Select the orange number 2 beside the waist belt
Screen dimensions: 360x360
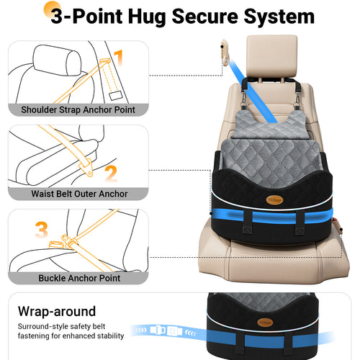[x=110, y=174]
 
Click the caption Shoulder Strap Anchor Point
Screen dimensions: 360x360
[x=78, y=109]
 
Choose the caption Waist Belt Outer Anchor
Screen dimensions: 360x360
[x=79, y=194]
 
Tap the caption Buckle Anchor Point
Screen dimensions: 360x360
[x=79, y=277]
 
